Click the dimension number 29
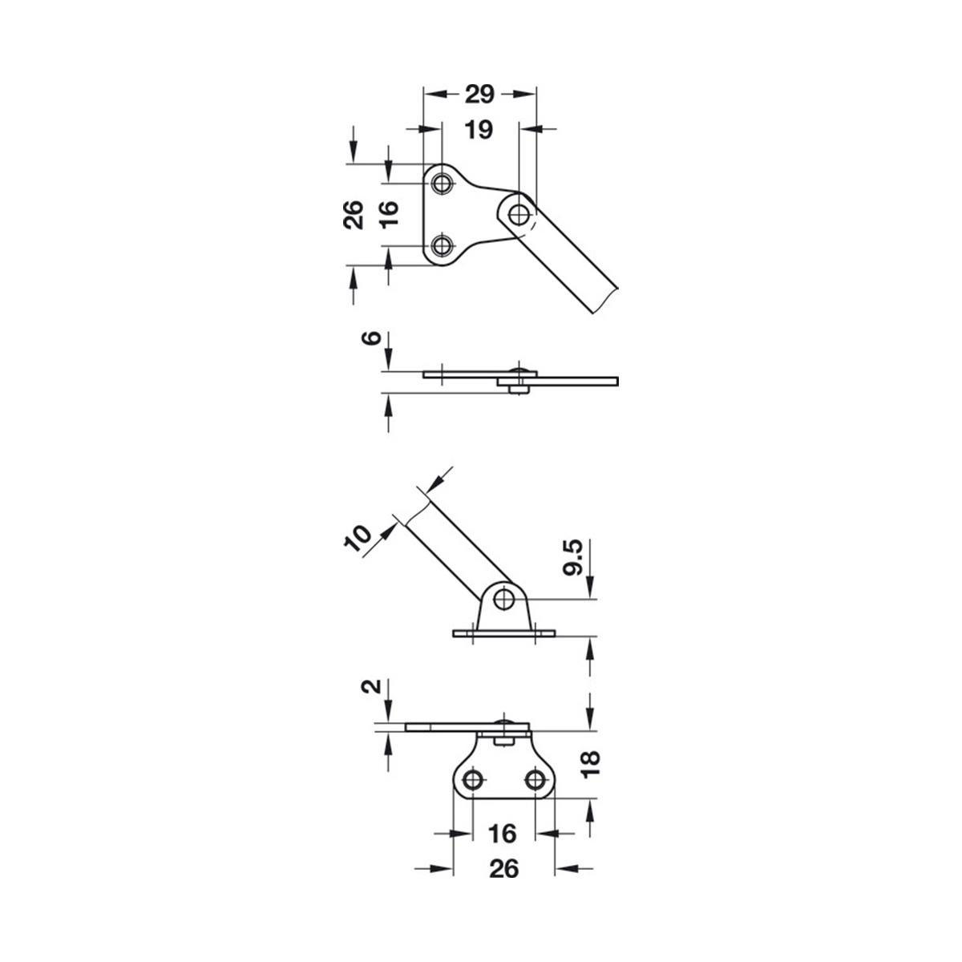click(x=479, y=95)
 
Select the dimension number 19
click(x=479, y=130)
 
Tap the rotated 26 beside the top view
click(x=354, y=215)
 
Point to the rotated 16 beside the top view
click(x=389, y=215)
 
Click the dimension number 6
click(x=371, y=338)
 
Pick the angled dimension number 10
click(x=358, y=538)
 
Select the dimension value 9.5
click(x=572, y=558)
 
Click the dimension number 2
click(x=371, y=686)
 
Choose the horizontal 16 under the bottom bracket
click(x=502, y=834)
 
